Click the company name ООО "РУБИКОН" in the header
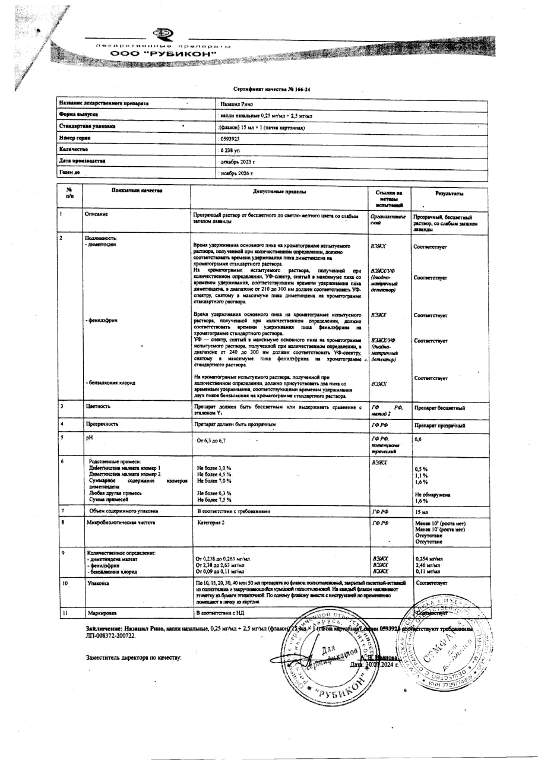pyautogui.click(x=163, y=54)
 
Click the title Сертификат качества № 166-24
pyautogui.click(x=272, y=88)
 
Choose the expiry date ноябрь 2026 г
pyautogui.click(x=236, y=173)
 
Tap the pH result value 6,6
pyautogui.click(x=418, y=439)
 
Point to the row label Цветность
pyautogui.click(x=97, y=406)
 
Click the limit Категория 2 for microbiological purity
pyautogui.click(x=211, y=523)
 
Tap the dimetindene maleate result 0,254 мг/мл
pyautogui.click(x=429, y=559)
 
